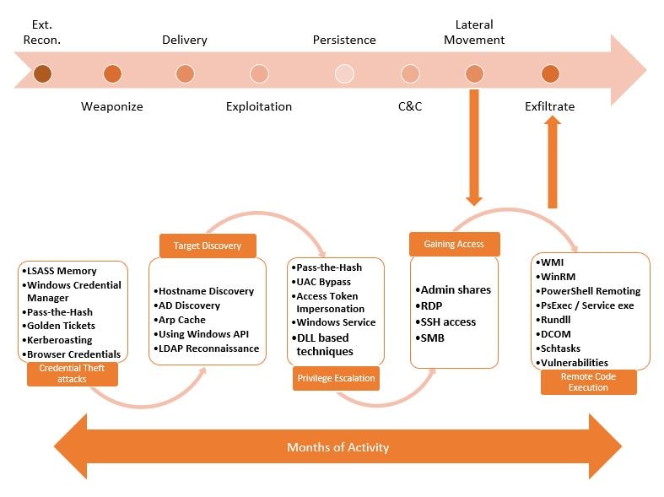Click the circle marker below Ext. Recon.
(x=42, y=73)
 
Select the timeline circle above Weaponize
(x=112, y=73)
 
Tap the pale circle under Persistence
(x=344, y=73)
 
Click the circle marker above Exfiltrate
(x=550, y=73)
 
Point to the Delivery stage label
(x=185, y=40)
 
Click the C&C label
(x=410, y=106)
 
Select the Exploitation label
(x=259, y=106)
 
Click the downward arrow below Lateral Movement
(x=474, y=148)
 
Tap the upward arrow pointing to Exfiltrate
(x=552, y=162)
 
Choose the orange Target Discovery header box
(x=208, y=246)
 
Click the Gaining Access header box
(x=455, y=244)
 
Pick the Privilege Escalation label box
(x=336, y=378)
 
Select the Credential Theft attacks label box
(x=72, y=374)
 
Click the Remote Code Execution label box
(x=588, y=382)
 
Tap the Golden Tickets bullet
(x=58, y=326)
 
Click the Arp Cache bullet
(x=180, y=320)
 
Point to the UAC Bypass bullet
(x=321, y=282)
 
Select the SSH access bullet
(x=445, y=321)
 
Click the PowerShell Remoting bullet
(x=588, y=291)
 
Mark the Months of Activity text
(x=338, y=447)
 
